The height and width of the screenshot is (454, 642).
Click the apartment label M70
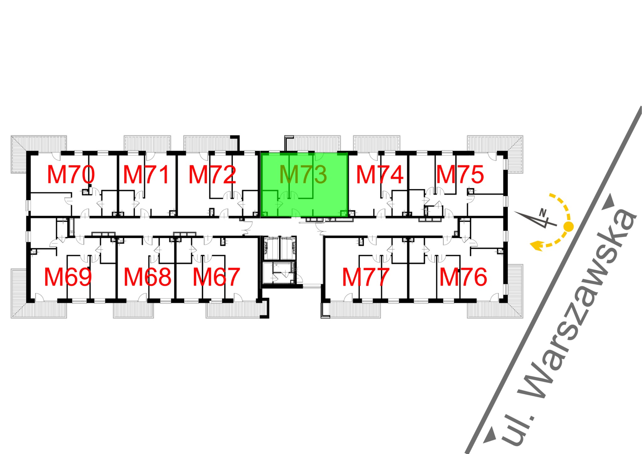point(71,175)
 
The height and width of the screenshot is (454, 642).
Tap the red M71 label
point(146,175)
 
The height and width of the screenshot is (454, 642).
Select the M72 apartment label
point(212,175)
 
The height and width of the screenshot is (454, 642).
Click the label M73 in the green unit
point(303,175)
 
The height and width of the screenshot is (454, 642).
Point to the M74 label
point(380,175)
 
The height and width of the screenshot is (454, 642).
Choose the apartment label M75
point(460,175)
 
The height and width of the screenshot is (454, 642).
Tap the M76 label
point(463,277)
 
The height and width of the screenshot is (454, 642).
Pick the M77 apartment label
point(366,277)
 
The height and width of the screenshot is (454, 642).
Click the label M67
point(216,277)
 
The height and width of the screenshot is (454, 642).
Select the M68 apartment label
point(147,277)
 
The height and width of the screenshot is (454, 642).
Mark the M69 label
point(68,277)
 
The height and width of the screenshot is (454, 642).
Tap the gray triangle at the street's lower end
point(490,436)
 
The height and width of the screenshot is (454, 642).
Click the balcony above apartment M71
point(147,143)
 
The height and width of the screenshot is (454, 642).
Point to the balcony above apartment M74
point(376,143)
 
